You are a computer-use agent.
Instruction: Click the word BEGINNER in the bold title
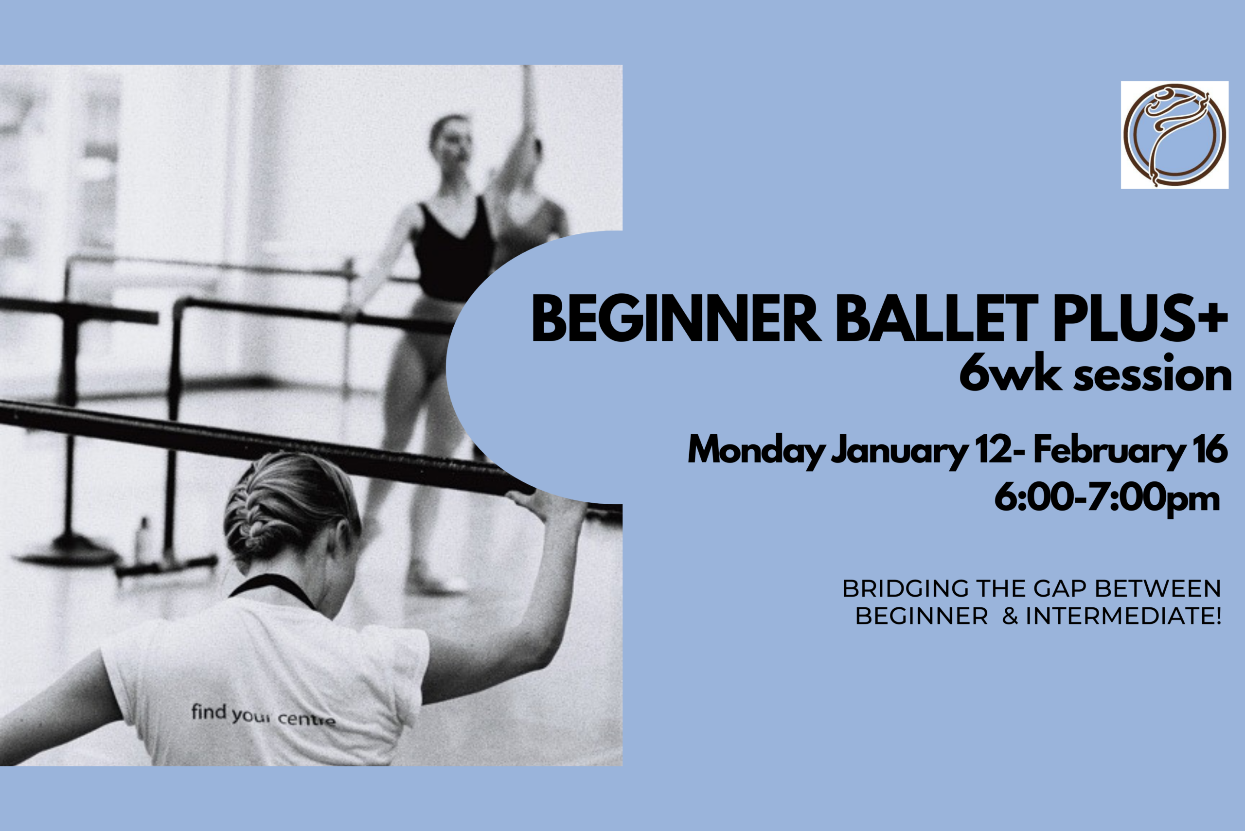coord(676,319)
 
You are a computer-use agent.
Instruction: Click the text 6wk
coord(1010,373)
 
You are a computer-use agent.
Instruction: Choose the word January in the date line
coord(899,450)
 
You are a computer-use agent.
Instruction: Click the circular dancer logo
coord(1174,135)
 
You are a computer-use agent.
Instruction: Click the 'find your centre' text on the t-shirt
coord(264,715)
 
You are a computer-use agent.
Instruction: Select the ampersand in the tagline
coord(1010,617)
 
